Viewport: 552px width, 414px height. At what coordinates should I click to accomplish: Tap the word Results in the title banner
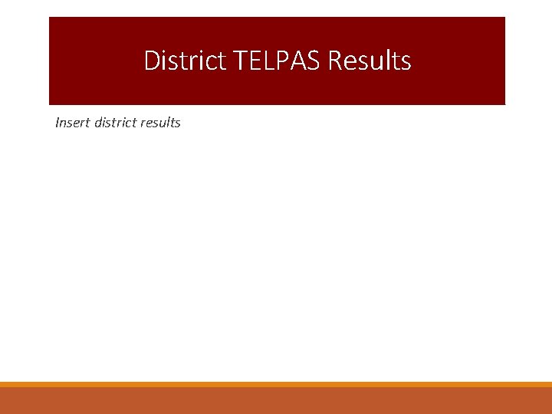370,61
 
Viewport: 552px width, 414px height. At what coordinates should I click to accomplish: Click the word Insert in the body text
72,123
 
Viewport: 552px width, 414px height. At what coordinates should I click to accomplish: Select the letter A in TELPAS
294,61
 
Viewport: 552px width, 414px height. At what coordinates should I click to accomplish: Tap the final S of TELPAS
312,61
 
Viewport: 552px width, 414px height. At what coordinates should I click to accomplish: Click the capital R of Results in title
336,61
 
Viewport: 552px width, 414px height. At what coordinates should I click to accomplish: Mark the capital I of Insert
58,123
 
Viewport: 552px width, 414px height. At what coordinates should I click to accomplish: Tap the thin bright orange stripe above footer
276,384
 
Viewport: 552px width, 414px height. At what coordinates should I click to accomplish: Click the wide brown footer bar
276,401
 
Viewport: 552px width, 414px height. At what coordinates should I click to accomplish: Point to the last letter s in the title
406,61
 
